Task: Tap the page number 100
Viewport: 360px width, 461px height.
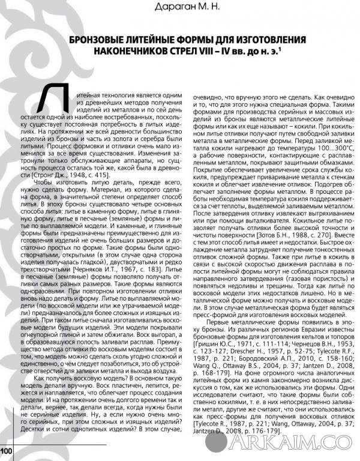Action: point(7,450)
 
